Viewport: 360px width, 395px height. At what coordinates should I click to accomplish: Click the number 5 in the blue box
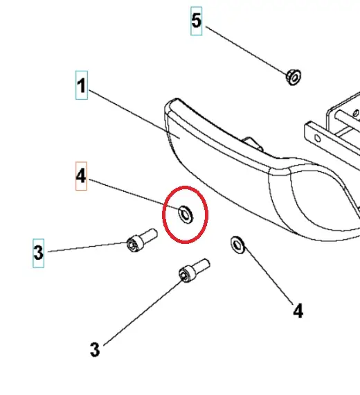[x=197, y=21]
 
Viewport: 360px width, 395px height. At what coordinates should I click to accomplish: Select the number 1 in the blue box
[x=82, y=86]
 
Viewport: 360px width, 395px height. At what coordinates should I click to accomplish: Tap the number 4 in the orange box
[x=81, y=176]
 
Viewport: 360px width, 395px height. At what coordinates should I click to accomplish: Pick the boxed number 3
[x=38, y=253]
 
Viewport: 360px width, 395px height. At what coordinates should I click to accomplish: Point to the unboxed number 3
[x=95, y=349]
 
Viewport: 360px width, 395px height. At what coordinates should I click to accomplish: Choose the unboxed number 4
[x=298, y=311]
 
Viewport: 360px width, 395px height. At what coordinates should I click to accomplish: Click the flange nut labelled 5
[x=294, y=77]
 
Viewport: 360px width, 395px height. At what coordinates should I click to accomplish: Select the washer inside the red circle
[x=186, y=214]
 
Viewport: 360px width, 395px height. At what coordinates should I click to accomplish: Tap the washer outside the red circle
[x=237, y=245]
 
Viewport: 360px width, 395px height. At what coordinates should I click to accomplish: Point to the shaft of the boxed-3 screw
[x=149, y=236]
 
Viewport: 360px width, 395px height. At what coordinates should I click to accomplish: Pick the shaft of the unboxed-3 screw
[x=201, y=265]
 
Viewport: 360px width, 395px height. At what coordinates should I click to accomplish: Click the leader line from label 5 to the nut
[x=246, y=50]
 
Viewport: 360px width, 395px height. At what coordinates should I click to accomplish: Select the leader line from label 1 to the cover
[x=134, y=114]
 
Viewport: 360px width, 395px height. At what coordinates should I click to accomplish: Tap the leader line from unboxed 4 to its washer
[x=269, y=276]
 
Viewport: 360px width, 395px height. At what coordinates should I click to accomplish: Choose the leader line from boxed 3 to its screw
[x=88, y=247]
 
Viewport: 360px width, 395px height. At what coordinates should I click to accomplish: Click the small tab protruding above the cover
[x=253, y=143]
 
